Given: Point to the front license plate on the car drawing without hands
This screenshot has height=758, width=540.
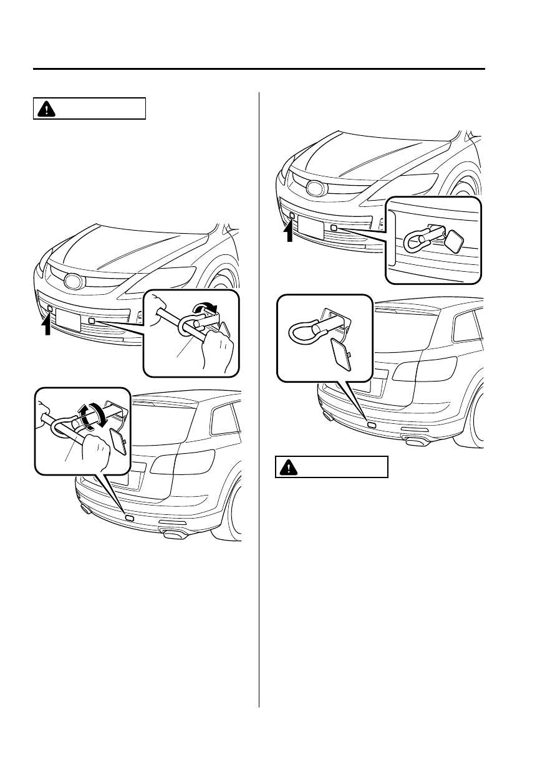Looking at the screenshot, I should coord(310,227).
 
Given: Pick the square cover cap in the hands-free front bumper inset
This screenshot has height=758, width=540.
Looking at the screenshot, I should coord(455,240).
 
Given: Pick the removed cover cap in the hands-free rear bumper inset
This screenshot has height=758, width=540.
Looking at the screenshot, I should coord(339,354).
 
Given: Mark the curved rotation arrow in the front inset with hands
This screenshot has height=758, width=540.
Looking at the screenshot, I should coord(205,308).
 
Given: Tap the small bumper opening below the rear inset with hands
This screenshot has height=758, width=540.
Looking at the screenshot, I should coord(129,517).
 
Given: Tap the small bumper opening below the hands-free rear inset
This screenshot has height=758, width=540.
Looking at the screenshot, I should coord(372,425).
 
